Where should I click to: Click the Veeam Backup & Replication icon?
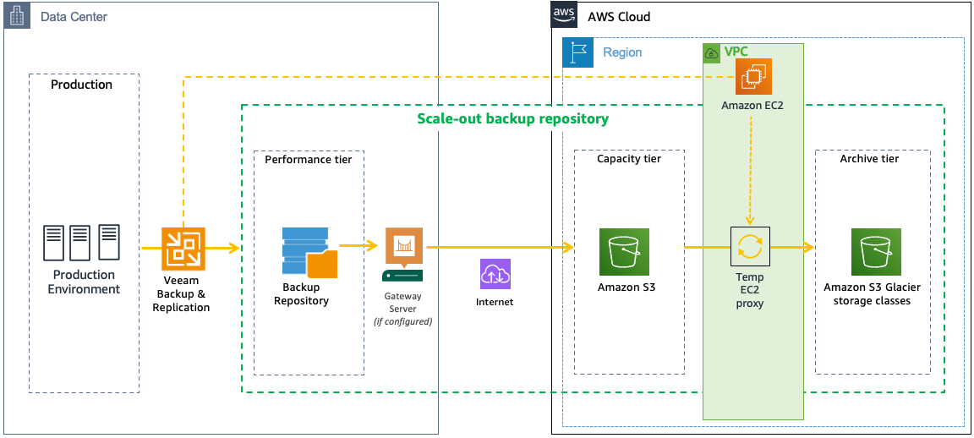coord(183,249)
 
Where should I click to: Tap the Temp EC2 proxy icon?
coord(750,248)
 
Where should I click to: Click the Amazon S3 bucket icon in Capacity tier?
coord(624,251)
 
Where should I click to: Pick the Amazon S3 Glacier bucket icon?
coord(875,251)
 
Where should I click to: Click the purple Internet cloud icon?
coord(495,274)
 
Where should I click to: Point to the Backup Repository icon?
coord(308,252)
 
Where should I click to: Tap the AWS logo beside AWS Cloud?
coord(564,14)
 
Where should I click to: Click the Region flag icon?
coord(578,52)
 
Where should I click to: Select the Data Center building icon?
coord(17,16)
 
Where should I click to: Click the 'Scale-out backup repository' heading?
coord(512,118)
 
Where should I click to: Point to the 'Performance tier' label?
coord(308,159)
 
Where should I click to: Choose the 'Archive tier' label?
coord(869,159)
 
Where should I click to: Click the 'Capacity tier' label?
coord(629,159)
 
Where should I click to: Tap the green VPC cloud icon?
coord(712,52)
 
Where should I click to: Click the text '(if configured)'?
coord(402,321)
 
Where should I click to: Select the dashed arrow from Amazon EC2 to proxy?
coord(751,169)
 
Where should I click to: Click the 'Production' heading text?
coord(81,85)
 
